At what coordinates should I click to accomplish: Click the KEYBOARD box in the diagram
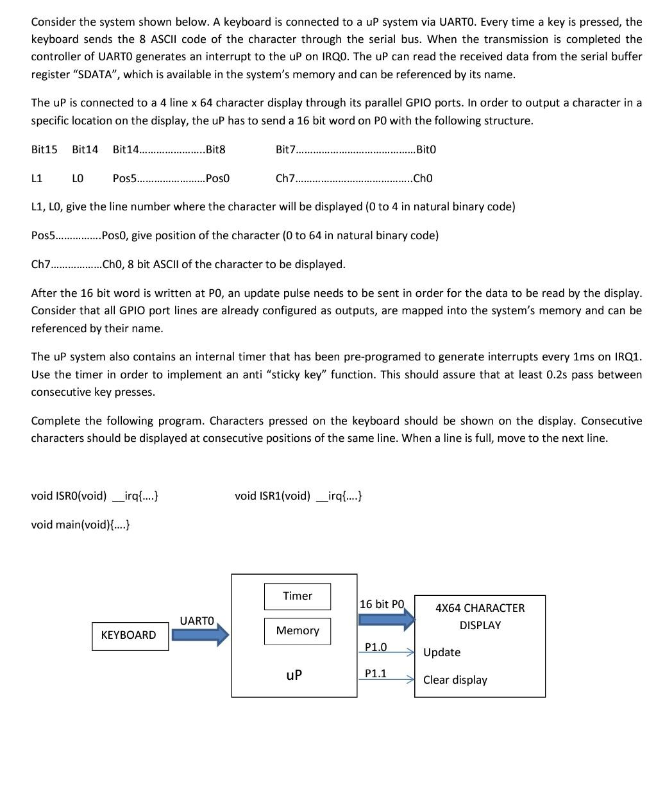130,635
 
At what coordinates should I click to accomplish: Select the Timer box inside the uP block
298,596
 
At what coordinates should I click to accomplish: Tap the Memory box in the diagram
298,631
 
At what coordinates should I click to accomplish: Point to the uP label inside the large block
294,675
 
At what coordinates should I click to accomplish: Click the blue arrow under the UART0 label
200,635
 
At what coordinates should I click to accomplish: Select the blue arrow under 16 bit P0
387,620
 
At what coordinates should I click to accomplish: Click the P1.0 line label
376,647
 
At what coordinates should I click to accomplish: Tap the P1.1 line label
376,673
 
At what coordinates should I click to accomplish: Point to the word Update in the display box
442,652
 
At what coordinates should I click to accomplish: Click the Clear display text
455,680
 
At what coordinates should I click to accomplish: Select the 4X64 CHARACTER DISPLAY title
480,616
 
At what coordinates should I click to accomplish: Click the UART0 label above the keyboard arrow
196,621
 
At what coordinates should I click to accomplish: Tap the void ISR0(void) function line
95,496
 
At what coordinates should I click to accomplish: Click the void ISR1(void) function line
298,496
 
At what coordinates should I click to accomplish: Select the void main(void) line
81,525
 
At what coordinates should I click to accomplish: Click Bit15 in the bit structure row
44,149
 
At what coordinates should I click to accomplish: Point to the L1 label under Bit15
37,178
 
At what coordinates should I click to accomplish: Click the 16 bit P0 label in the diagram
382,604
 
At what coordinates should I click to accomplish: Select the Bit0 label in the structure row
426,149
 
